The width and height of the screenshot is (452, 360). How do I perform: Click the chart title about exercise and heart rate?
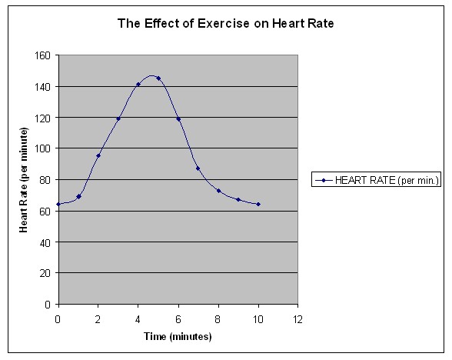coord(226,23)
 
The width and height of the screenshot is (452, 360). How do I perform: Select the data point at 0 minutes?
coord(58,205)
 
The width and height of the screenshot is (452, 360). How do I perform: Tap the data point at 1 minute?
coord(78,197)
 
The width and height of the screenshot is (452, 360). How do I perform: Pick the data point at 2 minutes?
coord(98,155)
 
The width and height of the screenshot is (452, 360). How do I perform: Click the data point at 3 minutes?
coord(118,118)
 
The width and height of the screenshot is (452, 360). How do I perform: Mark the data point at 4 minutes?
coord(138,85)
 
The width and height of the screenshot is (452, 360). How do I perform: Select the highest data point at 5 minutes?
coord(158,78)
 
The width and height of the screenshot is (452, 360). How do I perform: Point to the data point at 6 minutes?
coord(178,119)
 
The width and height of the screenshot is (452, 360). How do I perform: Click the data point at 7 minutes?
coord(198,168)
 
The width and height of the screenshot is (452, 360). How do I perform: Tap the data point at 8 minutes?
coord(218,191)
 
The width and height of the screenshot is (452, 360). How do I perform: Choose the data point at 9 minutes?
coord(238,200)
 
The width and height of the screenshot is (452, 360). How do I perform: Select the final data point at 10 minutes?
coord(258,205)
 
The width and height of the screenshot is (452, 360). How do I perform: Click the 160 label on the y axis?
coord(42,55)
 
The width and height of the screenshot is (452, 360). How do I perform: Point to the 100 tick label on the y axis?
coord(42,149)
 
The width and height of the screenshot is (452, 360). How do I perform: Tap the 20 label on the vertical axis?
coord(45,273)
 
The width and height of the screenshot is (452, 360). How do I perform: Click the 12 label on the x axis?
coord(297,319)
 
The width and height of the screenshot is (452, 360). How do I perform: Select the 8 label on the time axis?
coord(218,319)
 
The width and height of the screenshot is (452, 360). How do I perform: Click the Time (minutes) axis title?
coord(178,336)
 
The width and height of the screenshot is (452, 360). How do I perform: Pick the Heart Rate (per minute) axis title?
coord(23,180)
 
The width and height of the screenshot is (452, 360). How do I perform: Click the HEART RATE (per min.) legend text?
coord(387,180)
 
